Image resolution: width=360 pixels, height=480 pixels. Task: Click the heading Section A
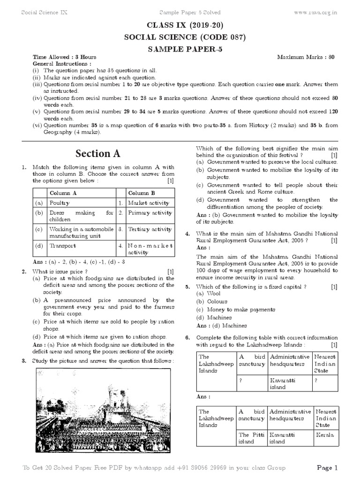(x=98, y=153)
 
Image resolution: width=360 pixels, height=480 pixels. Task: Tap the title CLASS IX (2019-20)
(x=180, y=26)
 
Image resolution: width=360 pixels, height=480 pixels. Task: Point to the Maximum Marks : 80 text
(x=306, y=57)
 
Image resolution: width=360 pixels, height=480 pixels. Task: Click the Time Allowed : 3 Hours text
(x=64, y=57)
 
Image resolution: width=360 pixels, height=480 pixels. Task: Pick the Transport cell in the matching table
(x=63, y=245)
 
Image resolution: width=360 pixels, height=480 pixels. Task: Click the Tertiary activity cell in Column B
(x=150, y=229)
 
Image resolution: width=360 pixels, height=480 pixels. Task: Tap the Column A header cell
(x=63, y=193)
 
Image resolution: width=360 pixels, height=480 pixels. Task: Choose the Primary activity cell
(x=150, y=212)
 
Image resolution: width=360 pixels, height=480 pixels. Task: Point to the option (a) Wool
(x=208, y=293)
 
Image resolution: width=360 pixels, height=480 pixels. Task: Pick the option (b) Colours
(x=211, y=301)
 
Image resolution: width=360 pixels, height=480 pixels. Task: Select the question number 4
(x=187, y=233)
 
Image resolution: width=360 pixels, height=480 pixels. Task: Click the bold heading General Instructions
(x=62, y=63)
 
